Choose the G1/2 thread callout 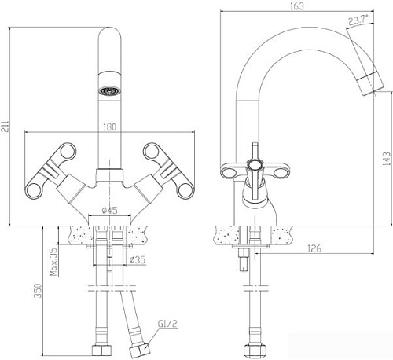pyautogui.click(x=167, y=322)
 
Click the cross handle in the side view pyautogui.click(x=255, y=163)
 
